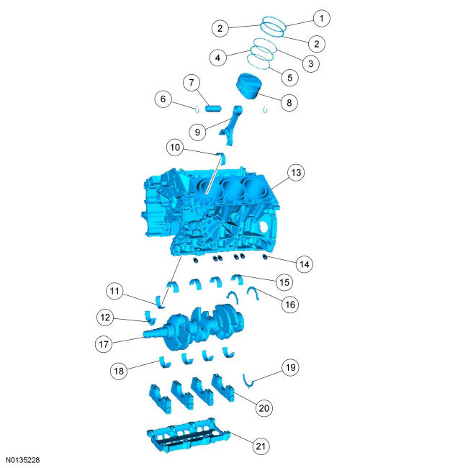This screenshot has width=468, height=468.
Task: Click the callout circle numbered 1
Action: click(x=321, y=19)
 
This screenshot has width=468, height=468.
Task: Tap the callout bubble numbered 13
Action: click(x=296, y=173)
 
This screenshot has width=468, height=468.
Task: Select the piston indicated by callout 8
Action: click(x=248, y=86)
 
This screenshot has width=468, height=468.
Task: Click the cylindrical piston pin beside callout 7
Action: click(x=213, y=108)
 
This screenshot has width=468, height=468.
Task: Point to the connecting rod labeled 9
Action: click(x=230, y=125)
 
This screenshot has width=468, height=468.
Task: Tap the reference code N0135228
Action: click(x=23, y=460)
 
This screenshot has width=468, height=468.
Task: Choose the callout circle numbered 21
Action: click(x=261, y=446)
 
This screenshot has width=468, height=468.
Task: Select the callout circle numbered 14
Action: click(x=305, y=264)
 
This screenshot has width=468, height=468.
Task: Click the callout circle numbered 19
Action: click(x=291, y=367)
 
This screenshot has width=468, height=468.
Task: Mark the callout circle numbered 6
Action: click(x=163, y=99)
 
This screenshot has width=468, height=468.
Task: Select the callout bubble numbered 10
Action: click(x=175, y=147)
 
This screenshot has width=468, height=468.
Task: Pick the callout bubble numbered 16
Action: click(x=290, y=305)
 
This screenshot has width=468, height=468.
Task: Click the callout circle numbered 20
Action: click(x=264, y=408)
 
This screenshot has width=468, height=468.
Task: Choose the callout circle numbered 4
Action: click(x=218, y=58)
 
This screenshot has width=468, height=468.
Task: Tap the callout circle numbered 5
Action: click(x=290, y=78)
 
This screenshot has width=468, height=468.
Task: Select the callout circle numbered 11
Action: click(x=114, y=291)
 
